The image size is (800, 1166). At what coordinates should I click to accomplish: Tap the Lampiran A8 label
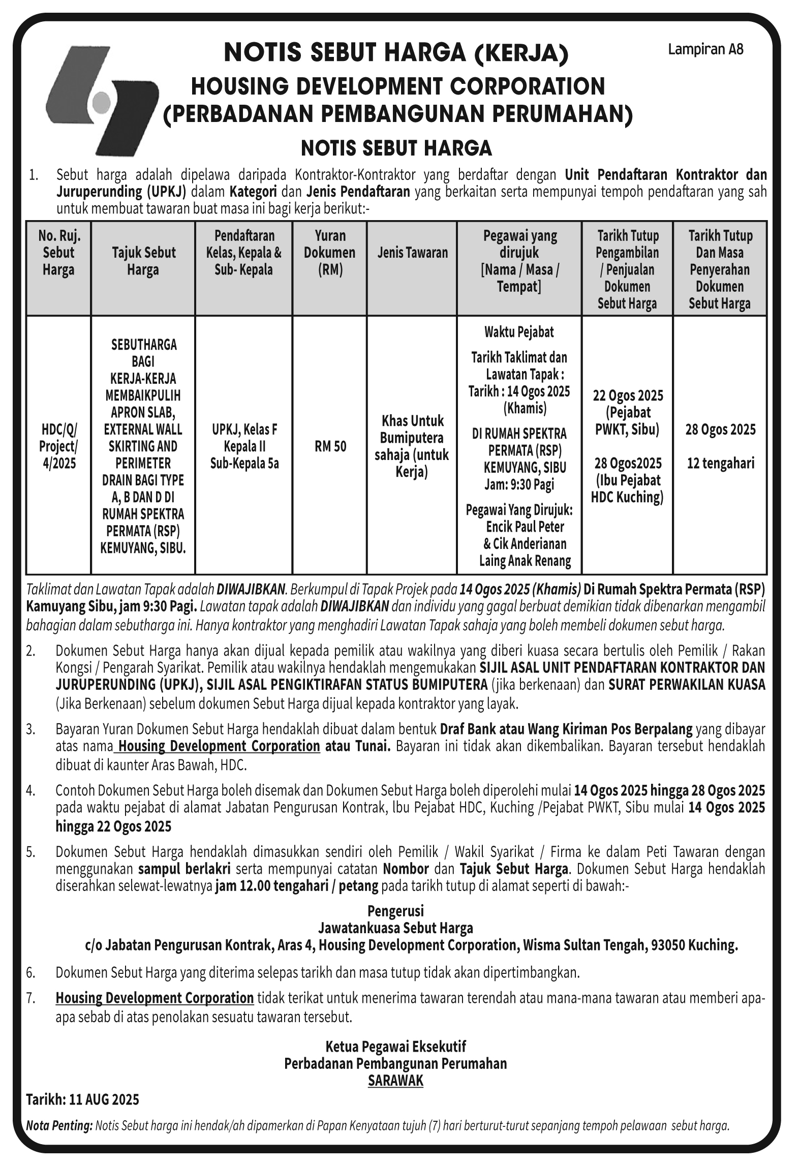point(705,50)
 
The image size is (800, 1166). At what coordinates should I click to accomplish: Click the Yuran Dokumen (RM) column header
point(329,253)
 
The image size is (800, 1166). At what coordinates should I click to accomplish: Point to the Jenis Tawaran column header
point(412,253)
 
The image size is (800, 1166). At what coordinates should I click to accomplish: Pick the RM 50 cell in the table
point(330,446)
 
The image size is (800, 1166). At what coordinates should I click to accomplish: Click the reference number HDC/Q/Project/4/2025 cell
point(58,446)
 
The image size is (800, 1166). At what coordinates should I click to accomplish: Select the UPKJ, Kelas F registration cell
point(244,430)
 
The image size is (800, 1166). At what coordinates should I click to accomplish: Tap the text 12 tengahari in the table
point(720,464)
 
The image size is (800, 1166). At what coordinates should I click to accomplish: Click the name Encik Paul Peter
point(525,527)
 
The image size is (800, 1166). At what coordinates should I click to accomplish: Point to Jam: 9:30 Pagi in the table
point(519,484)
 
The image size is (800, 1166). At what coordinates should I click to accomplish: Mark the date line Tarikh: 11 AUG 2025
point(82,1099)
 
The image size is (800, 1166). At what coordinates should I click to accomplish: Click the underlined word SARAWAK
point(395,1081)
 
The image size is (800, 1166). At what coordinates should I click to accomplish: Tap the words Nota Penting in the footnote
point(59,1126)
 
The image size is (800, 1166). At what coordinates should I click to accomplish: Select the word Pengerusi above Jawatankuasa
point(395,911)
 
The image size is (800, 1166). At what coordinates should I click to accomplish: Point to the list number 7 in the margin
point(31,998)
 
